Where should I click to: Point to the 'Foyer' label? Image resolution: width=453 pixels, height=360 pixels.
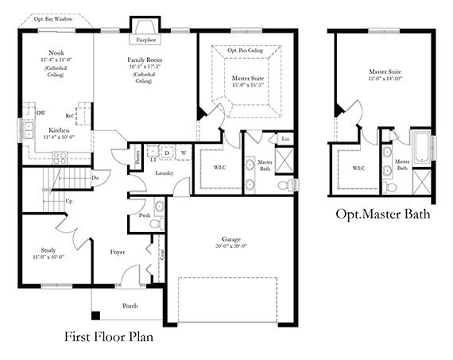click(x=118, y=252)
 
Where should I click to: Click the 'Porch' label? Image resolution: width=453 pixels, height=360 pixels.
click(x=130, y=305)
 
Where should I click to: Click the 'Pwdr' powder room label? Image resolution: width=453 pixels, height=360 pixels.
click(x=145, y=215)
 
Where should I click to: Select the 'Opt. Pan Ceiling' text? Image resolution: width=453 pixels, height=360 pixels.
click(x=244, y=50)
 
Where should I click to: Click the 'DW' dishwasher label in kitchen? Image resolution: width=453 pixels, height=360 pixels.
click(x=40, y=114)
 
